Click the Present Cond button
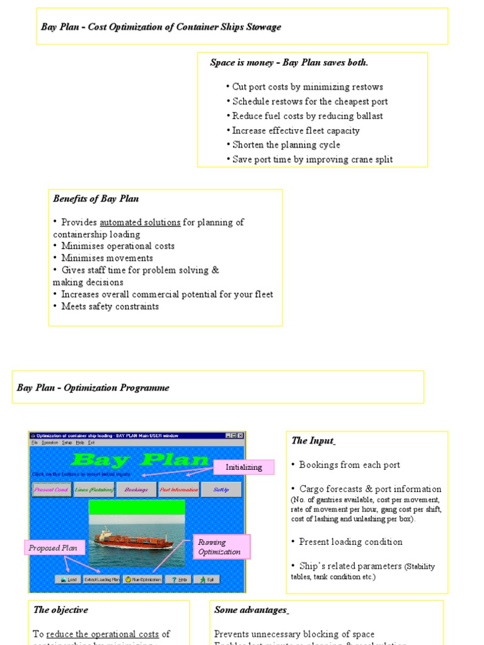click(x=51, y=489)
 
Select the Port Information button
click(x=179, y=489)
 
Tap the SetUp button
click(x=221, y=489)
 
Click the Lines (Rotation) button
click(x=94, y=489)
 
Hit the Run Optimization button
click(x=143, y=579)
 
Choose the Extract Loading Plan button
click(x=101, y=579)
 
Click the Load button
click(x=68, y=579)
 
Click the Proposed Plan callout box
click(x=53, y=548)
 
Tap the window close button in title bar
click(x=240, y=435)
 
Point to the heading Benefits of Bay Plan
click(x=96, y=199)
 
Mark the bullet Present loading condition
click(x=350, y=542)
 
